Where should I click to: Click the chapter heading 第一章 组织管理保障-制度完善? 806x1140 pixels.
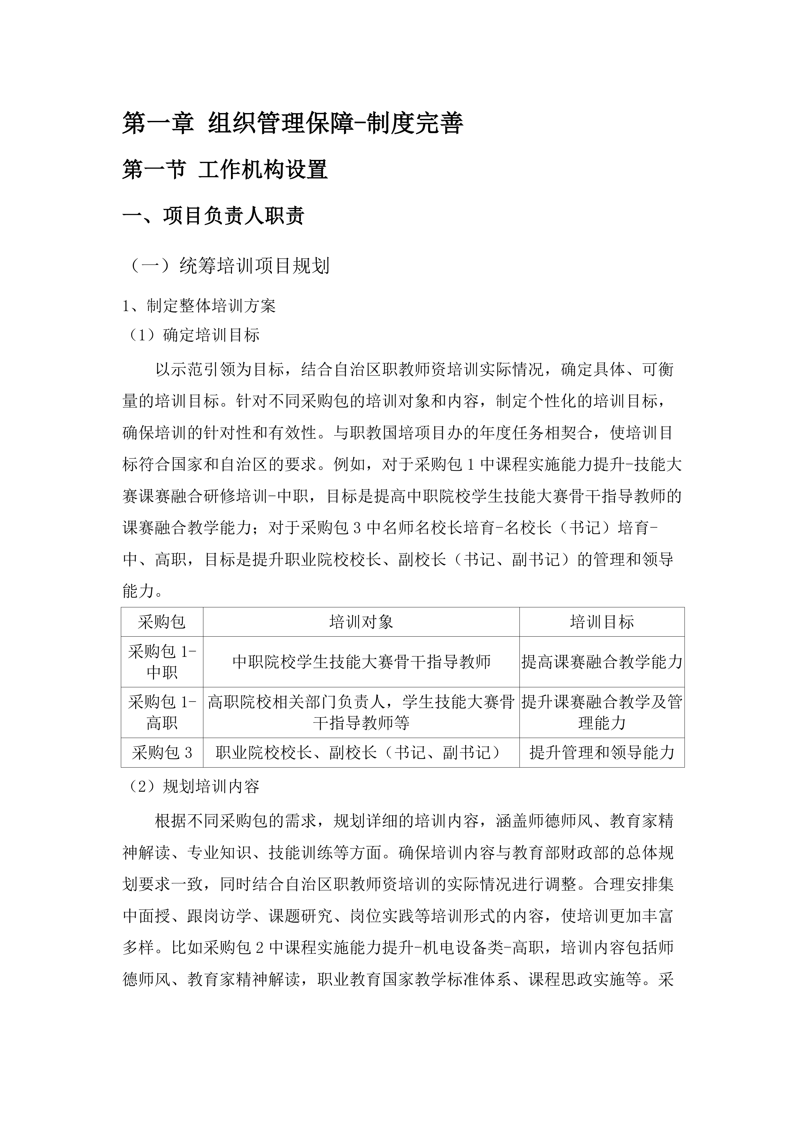(293, 123)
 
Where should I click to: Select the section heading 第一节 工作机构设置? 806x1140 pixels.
(225, 170)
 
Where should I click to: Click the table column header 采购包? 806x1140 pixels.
(162, 622)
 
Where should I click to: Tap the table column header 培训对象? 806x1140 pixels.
(361, 622)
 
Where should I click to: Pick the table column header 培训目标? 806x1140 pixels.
(602, 622)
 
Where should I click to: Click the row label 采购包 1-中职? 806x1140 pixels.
(162, 662)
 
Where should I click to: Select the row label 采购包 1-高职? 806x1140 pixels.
(162, 712)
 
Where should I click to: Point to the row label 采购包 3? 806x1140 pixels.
(162, 753)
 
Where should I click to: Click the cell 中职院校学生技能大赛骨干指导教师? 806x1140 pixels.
(361, 662)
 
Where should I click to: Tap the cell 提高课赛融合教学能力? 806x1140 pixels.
(602, 662)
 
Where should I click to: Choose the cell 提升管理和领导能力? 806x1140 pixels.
(602, 753)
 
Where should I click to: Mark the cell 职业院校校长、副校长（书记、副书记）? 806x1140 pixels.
(361, 753)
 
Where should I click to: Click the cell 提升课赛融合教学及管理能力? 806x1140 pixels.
(602, 712)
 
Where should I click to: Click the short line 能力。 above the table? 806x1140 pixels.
(141, 591)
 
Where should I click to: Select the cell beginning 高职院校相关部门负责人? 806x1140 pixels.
(361, 712)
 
